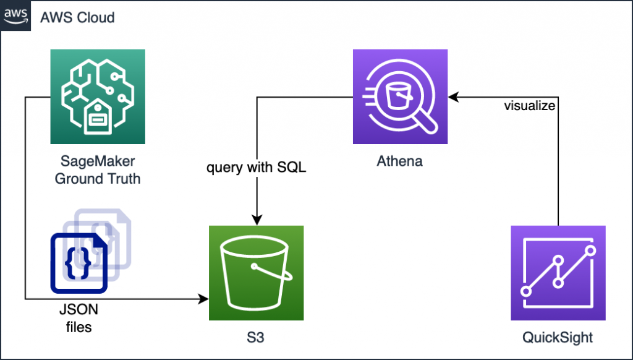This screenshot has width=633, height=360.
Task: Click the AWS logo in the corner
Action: [15, 17]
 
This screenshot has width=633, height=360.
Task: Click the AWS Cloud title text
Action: [77, 17]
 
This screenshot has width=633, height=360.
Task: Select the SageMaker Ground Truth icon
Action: [98, 96]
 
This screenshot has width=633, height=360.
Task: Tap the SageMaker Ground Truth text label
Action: [98, 171]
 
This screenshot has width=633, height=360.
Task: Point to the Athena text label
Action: [400, 162]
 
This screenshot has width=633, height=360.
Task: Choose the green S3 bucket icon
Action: [257, 273]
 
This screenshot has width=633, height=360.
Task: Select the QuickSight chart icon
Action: [558, 273]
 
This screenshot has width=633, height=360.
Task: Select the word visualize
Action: [529, 106]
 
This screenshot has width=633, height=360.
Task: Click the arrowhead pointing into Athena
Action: [453, 97]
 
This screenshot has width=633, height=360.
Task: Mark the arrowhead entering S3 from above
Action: [257, 220]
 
